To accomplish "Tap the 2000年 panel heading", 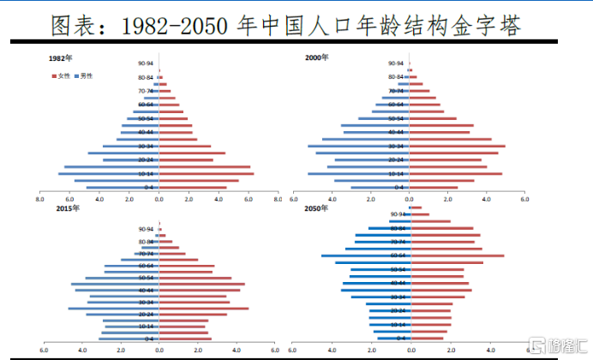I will pyautogui.click(x=318, y=57).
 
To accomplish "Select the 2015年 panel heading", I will pyautogui.click(x=68, y=208).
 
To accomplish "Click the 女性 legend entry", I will pyautogui.click(x=64, y=76).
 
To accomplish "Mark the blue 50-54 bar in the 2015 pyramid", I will pyautogui.click(x=122, y=278).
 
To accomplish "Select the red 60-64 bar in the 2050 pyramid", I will pyautogui.click(x=456, y=255).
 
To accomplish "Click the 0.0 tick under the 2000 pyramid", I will pyautogui.click(x=410, y=199).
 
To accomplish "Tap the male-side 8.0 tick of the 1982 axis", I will pyautogui.click(x=40, y=199).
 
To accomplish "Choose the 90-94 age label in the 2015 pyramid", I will pyautogui.click(x=146, y=229).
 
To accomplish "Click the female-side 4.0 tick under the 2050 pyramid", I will pyautogui.click(x=487, y=350).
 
